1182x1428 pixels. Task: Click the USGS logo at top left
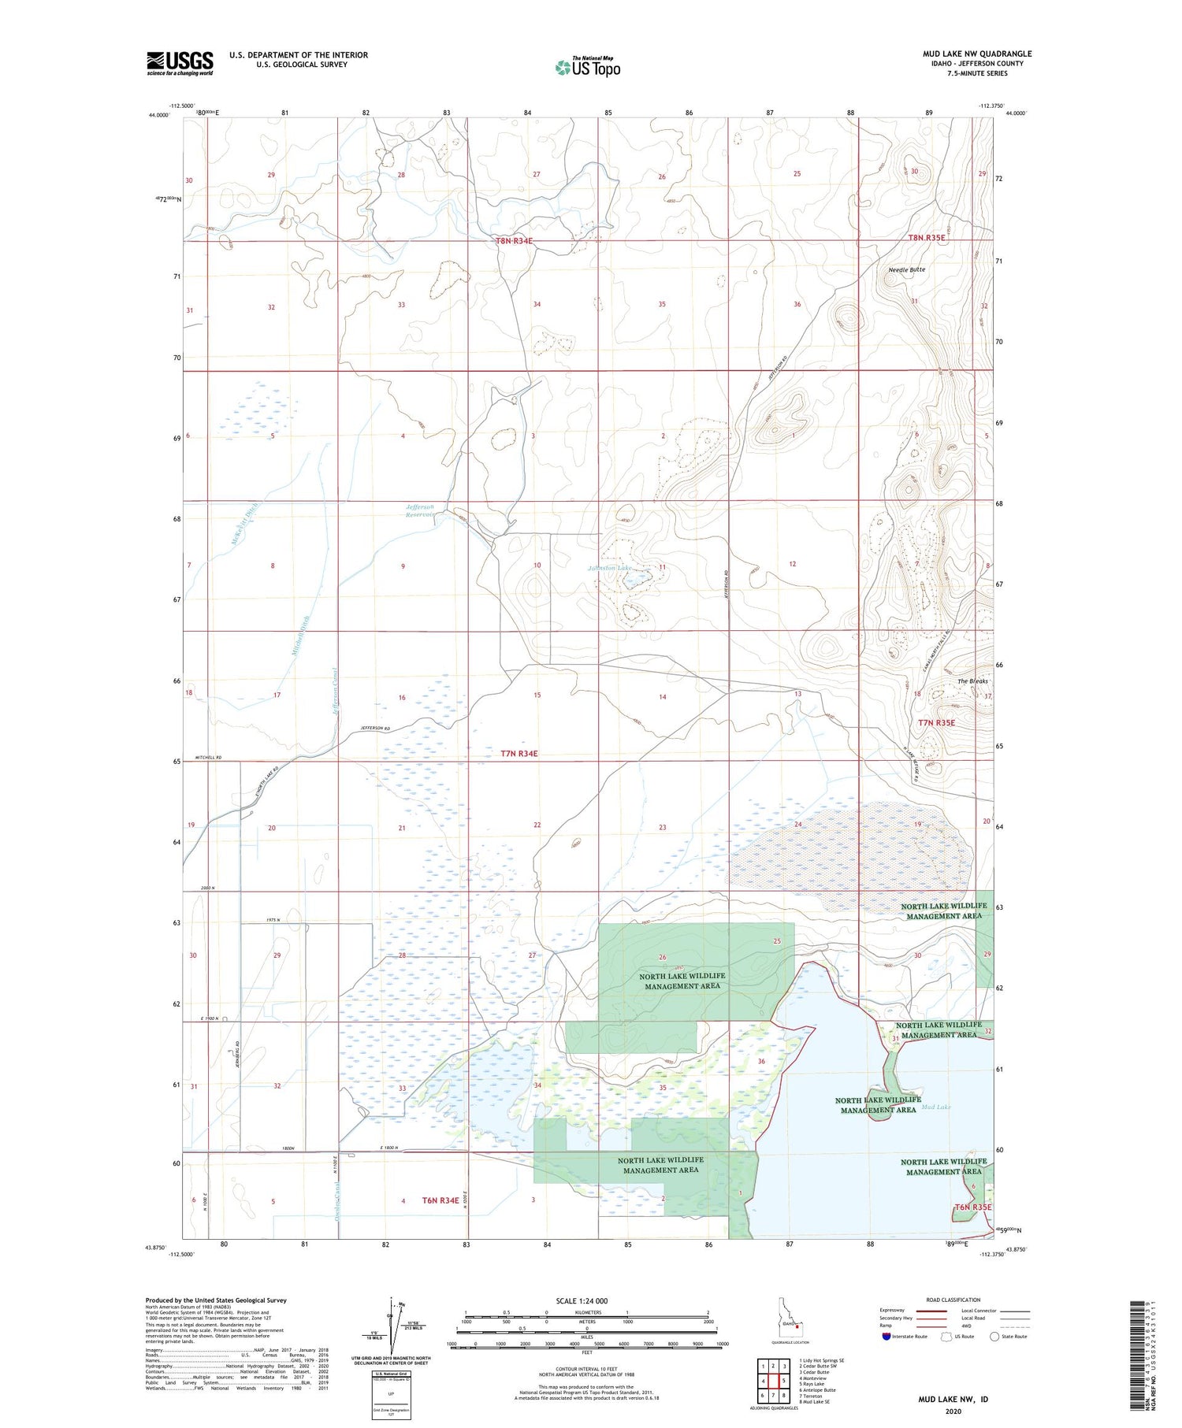[x=180, y=63]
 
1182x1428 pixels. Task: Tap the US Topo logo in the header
[x=587, y=68]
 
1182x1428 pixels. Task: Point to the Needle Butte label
[x=906, y=269]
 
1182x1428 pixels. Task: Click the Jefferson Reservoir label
[x=420, y=510]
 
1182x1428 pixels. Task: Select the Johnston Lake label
[x=609, y=568]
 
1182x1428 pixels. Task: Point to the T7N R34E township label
[x=519, y=754]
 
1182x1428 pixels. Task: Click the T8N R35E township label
[x=926, y=237]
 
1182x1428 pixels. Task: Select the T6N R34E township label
[x=440, y=1200]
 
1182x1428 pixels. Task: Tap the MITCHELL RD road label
[x=207, y=757]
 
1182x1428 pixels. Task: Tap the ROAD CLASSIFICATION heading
[x=953, y=1300]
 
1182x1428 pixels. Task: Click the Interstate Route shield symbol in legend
[x=886, y=1337]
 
